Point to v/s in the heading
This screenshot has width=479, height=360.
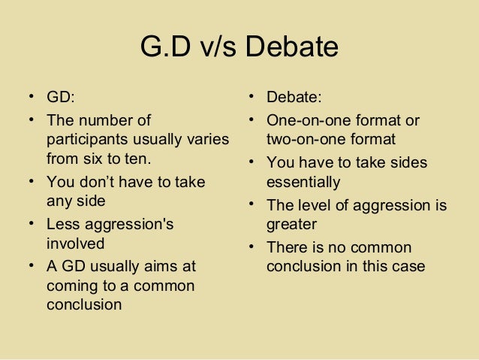pyautogui.click(x=221, y=47)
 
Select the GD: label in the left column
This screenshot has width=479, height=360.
pyautogui.click(x=62, y=98)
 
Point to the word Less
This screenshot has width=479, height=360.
pyautogui.click(x=63, y=224)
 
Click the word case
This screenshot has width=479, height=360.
pyautogui.click(x=409, y=266)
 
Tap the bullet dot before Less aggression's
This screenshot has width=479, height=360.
pyautogui.click(x=32, y=224)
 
